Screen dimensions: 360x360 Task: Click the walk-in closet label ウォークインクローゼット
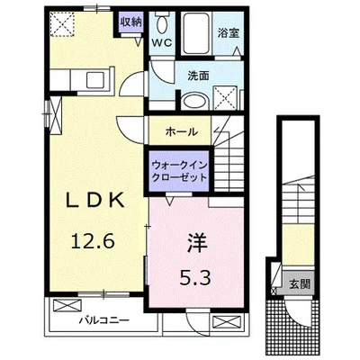[180, 170]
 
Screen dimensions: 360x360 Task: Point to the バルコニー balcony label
[103, 319]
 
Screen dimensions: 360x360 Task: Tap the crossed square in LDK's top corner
[64, 24]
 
